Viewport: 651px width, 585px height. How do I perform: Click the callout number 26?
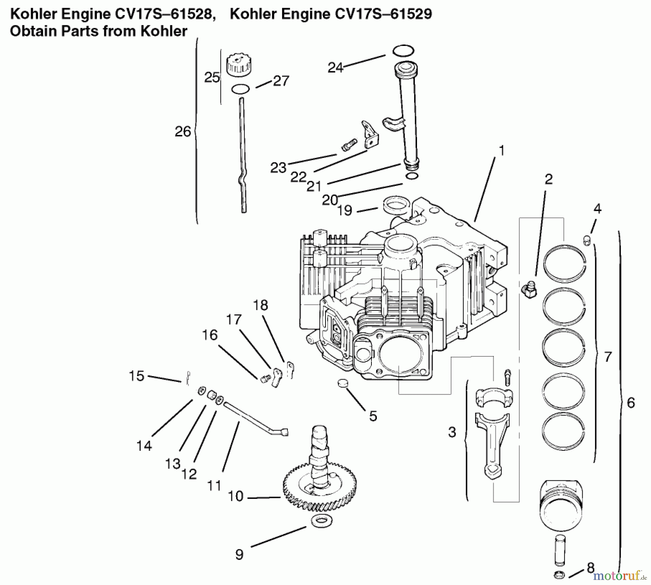click(x=183, y=131)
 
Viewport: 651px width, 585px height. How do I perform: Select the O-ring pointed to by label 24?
click(x=403, y=51)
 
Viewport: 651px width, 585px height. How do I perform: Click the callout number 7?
click(x=608, y=357)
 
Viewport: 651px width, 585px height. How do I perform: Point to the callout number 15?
click(x=136, y=376)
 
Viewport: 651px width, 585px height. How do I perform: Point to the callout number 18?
click(x=260, y=305)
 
